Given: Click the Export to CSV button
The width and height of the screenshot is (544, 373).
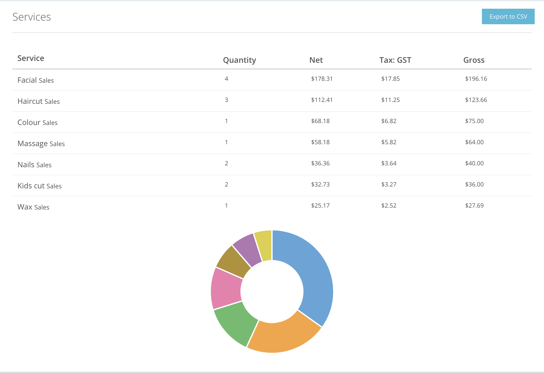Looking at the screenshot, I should (508, 16).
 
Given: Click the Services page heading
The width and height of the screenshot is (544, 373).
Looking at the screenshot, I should (32, 17).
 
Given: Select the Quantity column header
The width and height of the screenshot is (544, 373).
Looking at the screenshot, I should (239, 60).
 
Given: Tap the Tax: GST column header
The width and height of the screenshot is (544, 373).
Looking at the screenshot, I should (395, 60).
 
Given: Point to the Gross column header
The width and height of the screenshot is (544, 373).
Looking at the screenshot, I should (474, 60).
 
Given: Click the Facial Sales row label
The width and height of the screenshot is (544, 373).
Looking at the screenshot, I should (36, 80).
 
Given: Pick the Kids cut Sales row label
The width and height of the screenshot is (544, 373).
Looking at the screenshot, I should (39, 186).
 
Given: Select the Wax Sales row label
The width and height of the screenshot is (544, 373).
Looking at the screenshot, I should (33, 207).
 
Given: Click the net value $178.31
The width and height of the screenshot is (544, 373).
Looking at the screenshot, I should (322, 79).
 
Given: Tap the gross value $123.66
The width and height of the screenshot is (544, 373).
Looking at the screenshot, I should (476, 100).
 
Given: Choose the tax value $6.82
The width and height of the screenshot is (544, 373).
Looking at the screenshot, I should (389, 121).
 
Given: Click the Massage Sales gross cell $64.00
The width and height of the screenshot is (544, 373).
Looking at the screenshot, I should (474, 142).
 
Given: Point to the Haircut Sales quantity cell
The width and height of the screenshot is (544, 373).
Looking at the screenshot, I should (226, 100).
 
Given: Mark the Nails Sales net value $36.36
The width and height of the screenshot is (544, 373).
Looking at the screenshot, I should (320, 163).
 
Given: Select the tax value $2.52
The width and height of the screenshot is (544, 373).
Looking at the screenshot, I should (389, 206).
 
